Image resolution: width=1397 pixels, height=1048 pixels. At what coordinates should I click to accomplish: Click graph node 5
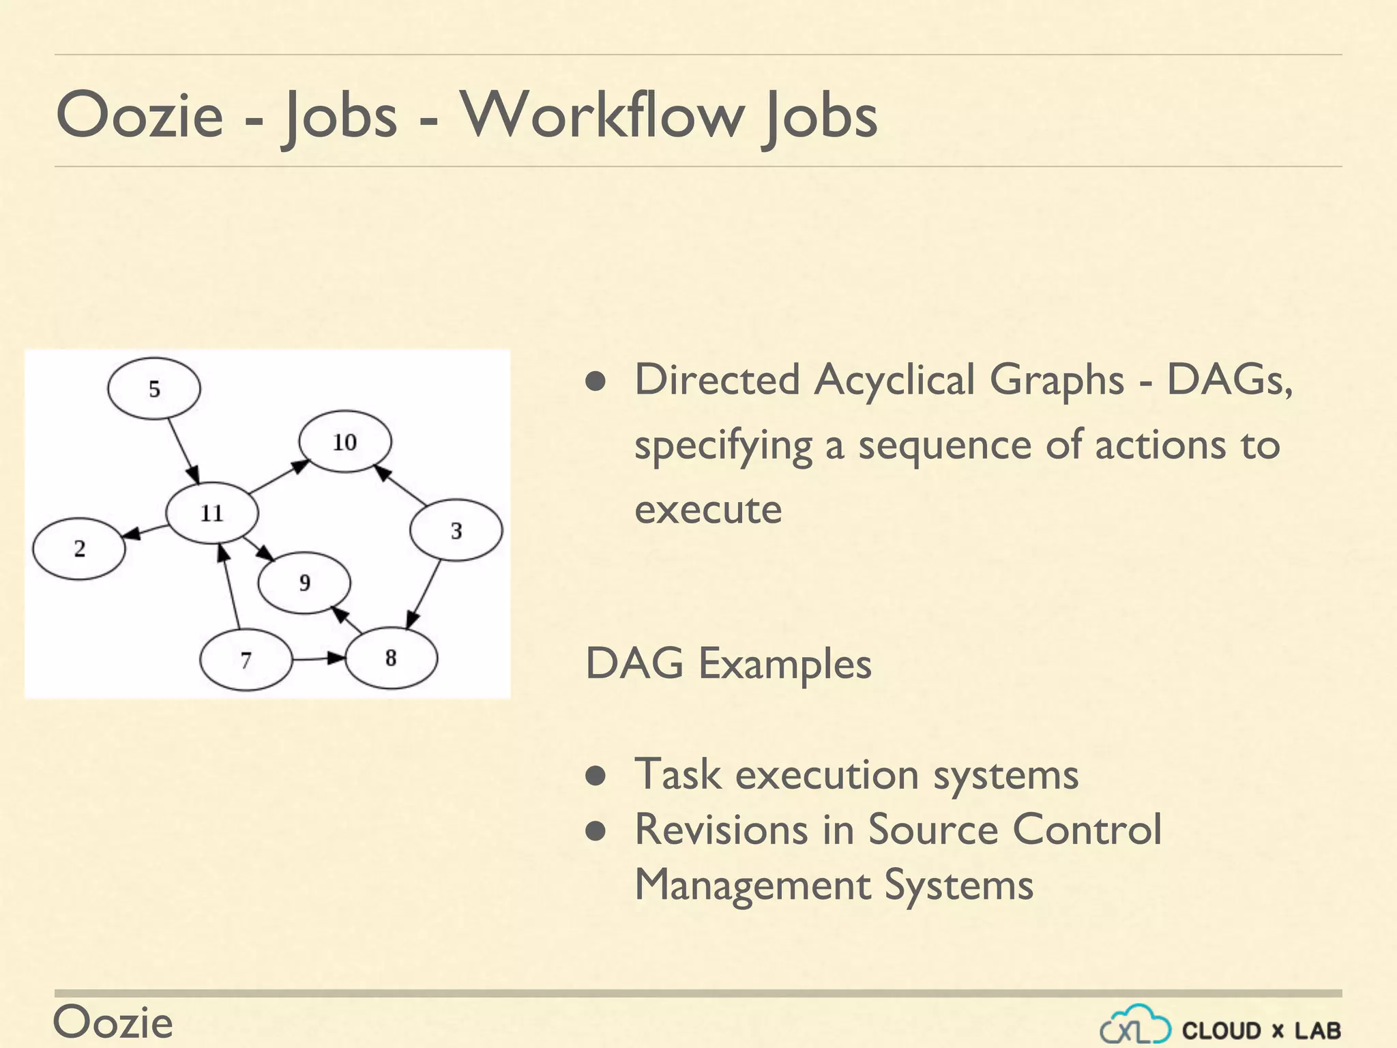tap(154, 389)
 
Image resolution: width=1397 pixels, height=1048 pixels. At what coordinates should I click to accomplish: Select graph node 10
tap(345, 442)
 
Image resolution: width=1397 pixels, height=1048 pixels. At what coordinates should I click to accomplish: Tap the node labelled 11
tap(212, 513)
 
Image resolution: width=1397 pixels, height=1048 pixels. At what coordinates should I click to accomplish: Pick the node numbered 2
tap(80, 549)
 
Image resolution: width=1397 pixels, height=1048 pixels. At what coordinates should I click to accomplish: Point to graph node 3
tap(456, 531)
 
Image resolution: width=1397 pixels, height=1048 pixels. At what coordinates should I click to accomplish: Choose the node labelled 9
tap(304, 583)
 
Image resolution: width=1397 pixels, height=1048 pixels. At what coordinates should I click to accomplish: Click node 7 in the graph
tap(246, 660)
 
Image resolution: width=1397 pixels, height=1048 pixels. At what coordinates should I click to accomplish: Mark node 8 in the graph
tap(391, 658)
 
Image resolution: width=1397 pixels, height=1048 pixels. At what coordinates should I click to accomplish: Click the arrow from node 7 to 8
tap(318, 658)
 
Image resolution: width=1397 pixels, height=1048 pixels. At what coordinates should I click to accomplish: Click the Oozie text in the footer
tap(113, 1022)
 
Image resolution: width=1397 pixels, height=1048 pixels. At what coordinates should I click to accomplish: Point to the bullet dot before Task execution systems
tap(596, 776)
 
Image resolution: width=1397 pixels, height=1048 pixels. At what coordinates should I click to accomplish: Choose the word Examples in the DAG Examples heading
tap(785, 663)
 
